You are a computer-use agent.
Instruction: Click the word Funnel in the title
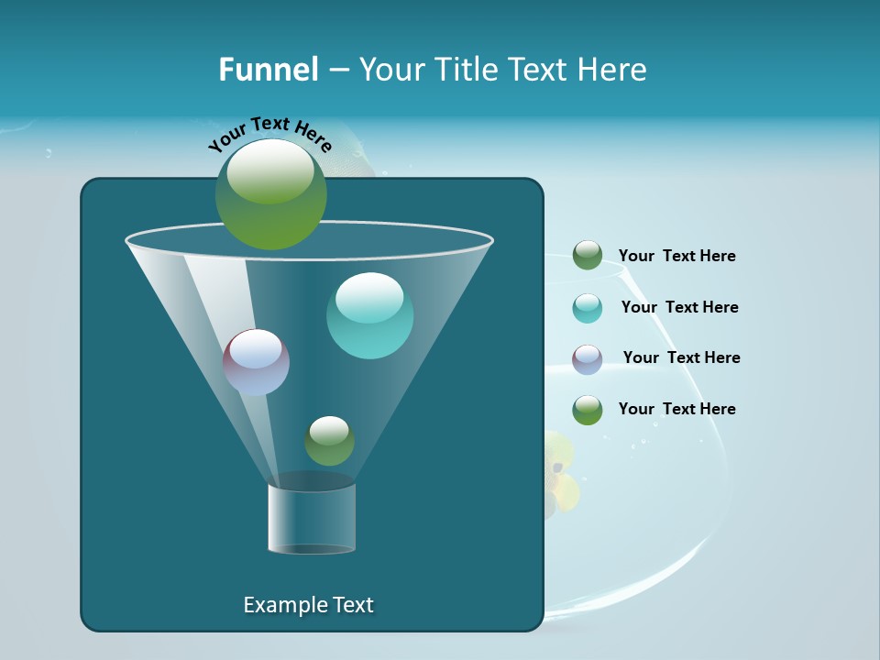click(268, 70)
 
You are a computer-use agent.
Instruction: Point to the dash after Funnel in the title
click(337, 71)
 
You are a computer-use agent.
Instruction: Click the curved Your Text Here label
click(269, 132)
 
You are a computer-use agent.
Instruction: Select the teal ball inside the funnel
click(369, 316)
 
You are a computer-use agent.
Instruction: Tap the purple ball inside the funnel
click(256, 362)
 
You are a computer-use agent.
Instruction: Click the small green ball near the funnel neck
click(329, 441)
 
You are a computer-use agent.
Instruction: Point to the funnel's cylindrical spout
click(312, 518)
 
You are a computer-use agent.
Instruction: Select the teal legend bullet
click(588, 308)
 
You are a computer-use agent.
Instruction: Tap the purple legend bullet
click(588, 359)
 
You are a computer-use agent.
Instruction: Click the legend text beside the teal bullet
click(679, 307)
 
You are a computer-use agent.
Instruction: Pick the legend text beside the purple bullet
click(681, 357)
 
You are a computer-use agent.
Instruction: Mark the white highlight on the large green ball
click(269, 170)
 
